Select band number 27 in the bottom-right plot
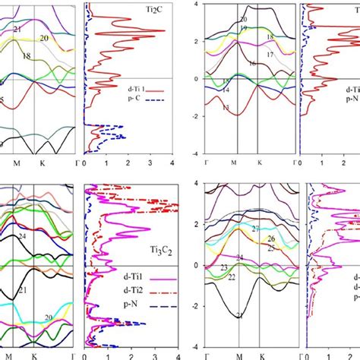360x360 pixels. coord(255,229)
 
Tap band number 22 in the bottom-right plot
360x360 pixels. coord(232,277)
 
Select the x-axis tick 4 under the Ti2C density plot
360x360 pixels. coord(174,163)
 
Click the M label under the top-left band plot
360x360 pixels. coord(16,163)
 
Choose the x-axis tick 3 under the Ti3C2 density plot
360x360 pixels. coord(154,354)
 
